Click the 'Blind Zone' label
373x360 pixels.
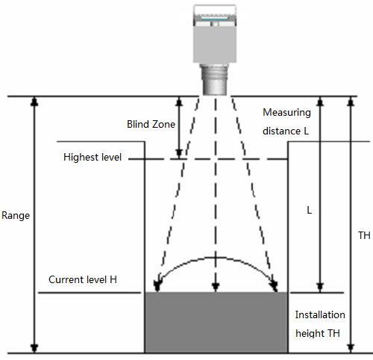pos(151,124)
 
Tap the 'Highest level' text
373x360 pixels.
pos(93,158)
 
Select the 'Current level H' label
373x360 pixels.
pos(83,279)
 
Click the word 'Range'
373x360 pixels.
pos(16,216)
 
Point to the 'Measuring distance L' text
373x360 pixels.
pos(286,122)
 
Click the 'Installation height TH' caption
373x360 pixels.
pos(320,324)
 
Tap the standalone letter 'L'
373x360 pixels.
pos(309,211)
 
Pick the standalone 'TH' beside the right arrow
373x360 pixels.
pos(364,235)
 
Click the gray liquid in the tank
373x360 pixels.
pos(216,323)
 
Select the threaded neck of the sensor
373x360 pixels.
pos(215,79)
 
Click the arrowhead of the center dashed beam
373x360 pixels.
pos(216,287)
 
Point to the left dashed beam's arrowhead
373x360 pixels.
pos(157,286)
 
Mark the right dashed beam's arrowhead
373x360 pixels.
pos(274,286)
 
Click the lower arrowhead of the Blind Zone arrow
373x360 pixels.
pos(179,153)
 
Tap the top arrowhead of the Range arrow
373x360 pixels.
pos(34,101)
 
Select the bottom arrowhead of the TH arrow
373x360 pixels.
pos(351,348)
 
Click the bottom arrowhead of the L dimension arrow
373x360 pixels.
pos(320,288)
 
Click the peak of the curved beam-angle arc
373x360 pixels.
pos(216,257)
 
